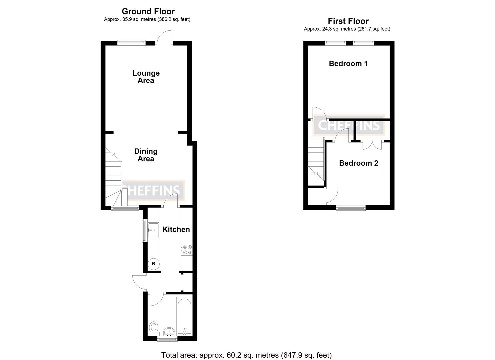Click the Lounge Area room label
(x=146, y=77)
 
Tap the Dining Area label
(x=146, y=155)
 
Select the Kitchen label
(x=176, y=229)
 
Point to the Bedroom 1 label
(x=348, y=63)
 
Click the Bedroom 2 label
(x=358, y=163)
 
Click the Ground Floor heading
(x=148, y=12)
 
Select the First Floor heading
(x=348, y=21)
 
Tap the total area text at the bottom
(x=246, y=355)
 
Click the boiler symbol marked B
(x=154, y=264)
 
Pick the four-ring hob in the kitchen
(x=187, y=250)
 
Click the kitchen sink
(x=153, y=230)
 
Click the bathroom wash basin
(x=169, y=332)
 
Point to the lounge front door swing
(x=164, y=36)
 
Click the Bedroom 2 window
(x=351, y=208)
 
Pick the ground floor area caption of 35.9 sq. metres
(x=147, y=19)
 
